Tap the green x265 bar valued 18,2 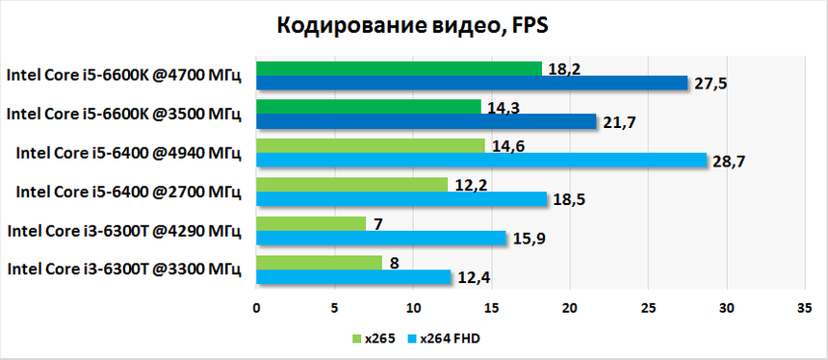point(399,67)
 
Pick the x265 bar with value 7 point(311,223)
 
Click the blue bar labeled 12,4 point(353,277)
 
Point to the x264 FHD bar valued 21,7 point(426,121)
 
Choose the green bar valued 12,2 point(351,184)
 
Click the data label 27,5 point(712,84)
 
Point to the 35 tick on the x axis point(805,308)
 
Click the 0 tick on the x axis point(256,308)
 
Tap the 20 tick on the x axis point(570,308)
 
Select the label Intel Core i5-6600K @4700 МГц point(124,75)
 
